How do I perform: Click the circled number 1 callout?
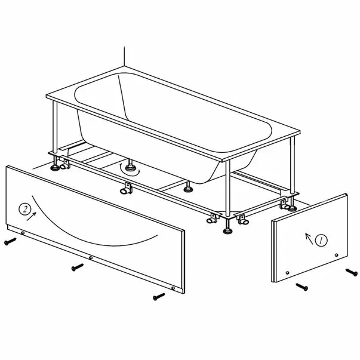click(x=321, y=241)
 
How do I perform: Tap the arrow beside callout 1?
click(x=309, y=239)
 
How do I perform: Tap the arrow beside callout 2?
click(x=32, y=216)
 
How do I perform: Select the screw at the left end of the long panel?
click(x=10, y=241)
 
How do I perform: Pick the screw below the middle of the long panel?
click(x=78, y=267)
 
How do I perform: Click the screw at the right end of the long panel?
click(x=159, y=296)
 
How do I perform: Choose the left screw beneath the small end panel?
click(x=302, y=287)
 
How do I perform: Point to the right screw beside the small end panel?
click(x=352, y=272)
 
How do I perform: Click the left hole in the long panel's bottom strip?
click(x=23, y=233)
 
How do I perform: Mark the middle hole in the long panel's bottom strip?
click(x=91, y=258)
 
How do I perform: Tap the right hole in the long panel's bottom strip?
click(x=173, y=288)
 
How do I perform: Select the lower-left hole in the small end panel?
click(x=287, y=273)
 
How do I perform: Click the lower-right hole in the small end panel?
click(x=337, y=255)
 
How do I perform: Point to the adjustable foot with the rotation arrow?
click(x=130, y=166)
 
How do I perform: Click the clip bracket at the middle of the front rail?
click(x=127, y=187)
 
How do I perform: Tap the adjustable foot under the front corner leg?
click(x=227, y=227)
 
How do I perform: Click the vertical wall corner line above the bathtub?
click(x=124, y=56)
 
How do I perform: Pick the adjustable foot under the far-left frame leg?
click(x=55, y=164)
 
